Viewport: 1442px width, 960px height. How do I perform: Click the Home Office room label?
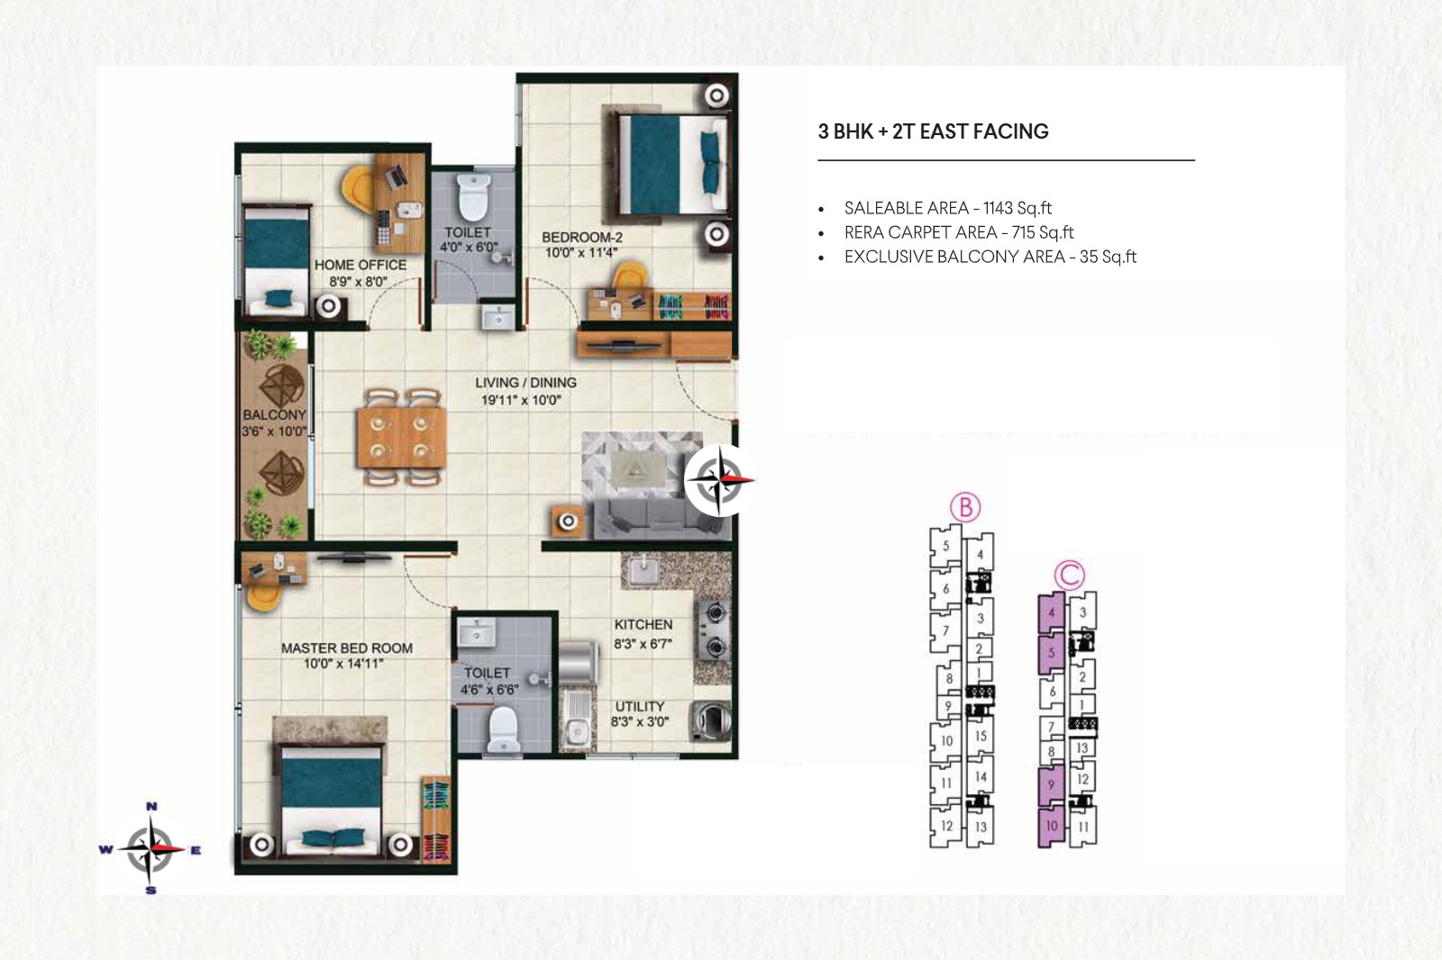pos(360,265)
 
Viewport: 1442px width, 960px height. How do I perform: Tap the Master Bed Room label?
pos(347,648)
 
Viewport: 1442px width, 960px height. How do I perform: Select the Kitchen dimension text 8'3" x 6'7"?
pos(643,643)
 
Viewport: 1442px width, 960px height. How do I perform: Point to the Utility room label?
pos(639,706)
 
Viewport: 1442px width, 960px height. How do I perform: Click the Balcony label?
pos(274,415)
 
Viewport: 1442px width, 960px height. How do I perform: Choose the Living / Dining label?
pos(526,383)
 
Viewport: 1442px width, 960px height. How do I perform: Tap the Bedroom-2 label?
pos(582,238)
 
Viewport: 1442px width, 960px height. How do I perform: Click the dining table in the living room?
pos(401,437)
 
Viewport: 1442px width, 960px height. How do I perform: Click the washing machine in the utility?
pos(711,721)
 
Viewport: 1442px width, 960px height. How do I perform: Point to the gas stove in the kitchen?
pos(713,629)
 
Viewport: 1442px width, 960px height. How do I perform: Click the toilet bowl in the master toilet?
pos(503,729)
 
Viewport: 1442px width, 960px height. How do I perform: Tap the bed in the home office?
pos(276,260)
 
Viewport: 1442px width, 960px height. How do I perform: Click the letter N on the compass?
pos(151,806)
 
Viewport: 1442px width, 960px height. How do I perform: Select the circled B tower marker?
pos(965,508)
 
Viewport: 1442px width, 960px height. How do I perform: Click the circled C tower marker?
pos(1070,575)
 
